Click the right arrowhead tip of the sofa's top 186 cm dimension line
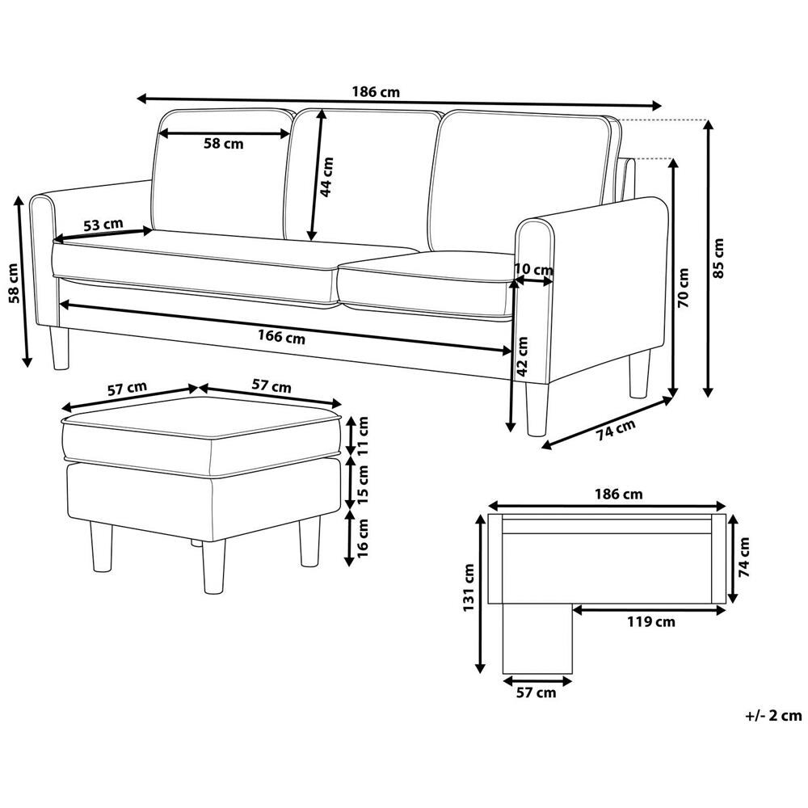662,106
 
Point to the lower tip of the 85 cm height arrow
709,398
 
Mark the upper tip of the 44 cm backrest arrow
322,109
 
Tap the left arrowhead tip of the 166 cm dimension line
60,305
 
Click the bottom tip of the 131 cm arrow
480,674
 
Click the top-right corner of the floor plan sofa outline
726,514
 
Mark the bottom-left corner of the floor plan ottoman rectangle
503,674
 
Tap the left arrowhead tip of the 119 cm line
573,610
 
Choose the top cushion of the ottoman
201,426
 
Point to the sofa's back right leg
639,373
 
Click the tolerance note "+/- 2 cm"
773,715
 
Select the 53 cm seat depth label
103,225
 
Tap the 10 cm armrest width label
533,270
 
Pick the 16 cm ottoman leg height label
363,537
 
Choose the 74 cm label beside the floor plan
743,557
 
